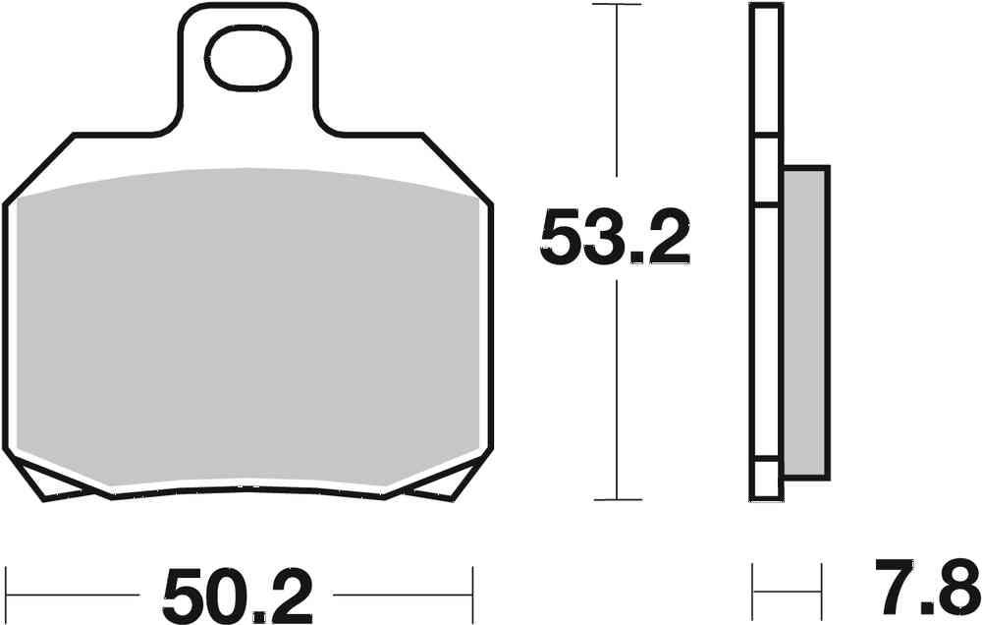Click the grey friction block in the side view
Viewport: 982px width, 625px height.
click(x=806, y=319)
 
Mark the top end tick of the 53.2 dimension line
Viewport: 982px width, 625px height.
click(x=616, y=5)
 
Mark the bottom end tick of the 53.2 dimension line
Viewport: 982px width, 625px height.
click(x=616, y=500)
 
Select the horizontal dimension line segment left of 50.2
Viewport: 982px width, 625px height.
click(x=74, y=594)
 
